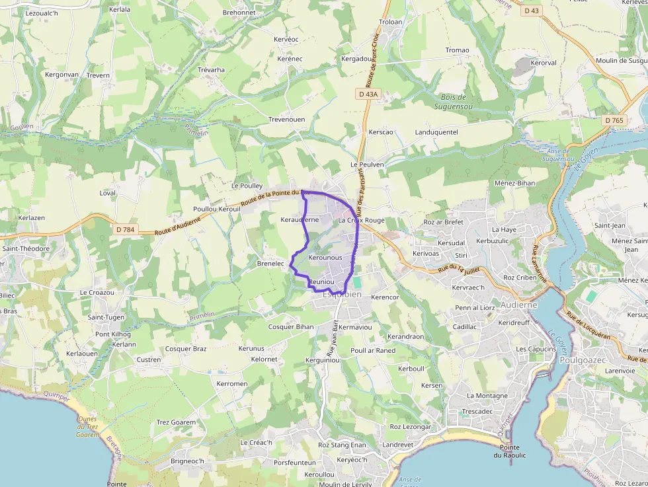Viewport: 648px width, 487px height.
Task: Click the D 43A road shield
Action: point(368,94)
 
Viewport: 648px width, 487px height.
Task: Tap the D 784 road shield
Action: point(125,229)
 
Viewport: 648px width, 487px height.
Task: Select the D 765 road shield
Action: point(614,120)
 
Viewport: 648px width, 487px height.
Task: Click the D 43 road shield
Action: point(531,11)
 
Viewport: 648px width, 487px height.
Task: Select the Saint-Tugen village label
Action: point(106,317)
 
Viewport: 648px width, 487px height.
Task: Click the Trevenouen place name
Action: point(286,119)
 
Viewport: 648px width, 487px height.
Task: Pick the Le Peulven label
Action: point(367,164)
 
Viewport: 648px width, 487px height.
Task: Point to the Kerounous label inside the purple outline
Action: point(325,257)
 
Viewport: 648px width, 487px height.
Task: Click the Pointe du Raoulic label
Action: point(509,451)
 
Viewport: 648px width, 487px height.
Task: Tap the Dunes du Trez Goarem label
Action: point(87,426)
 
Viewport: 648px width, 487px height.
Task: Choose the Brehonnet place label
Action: point(239,12)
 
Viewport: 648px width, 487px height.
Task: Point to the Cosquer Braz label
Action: point(186,348)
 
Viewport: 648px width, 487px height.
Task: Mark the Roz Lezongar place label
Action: point(410,427)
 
